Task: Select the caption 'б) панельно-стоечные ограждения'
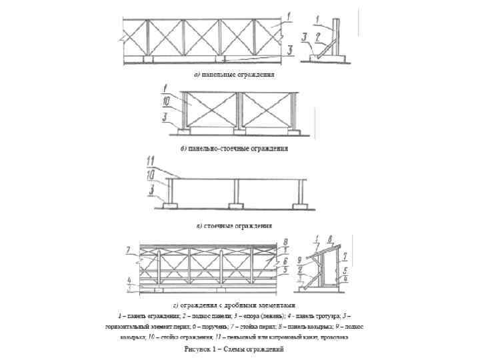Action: click(235, 148)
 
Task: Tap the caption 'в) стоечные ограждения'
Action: click(234, 225)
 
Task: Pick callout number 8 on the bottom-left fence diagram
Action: click(284, 241)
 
